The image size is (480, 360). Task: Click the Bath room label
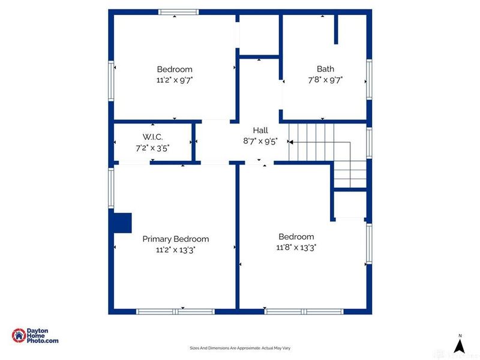325,68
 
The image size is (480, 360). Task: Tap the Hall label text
260,130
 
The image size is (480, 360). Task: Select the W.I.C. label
152,137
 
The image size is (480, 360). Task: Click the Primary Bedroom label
175,239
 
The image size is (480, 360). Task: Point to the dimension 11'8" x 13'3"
296,247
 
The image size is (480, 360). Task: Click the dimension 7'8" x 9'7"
325,79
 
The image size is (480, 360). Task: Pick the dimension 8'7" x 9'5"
260,141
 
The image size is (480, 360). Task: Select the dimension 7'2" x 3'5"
152,148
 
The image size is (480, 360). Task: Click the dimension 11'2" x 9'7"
175,79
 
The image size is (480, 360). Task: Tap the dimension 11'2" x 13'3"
175,250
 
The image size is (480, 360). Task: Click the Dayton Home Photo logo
35,336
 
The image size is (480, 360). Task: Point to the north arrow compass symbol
460,344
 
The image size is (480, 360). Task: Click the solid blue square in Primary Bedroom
122,222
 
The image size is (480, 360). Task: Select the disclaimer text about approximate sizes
240,348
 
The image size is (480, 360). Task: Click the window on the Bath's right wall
369,77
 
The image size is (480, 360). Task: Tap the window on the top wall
178,11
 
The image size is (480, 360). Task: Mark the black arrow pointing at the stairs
290,142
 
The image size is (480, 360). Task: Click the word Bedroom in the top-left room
175,69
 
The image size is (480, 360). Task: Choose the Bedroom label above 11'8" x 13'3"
296,236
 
